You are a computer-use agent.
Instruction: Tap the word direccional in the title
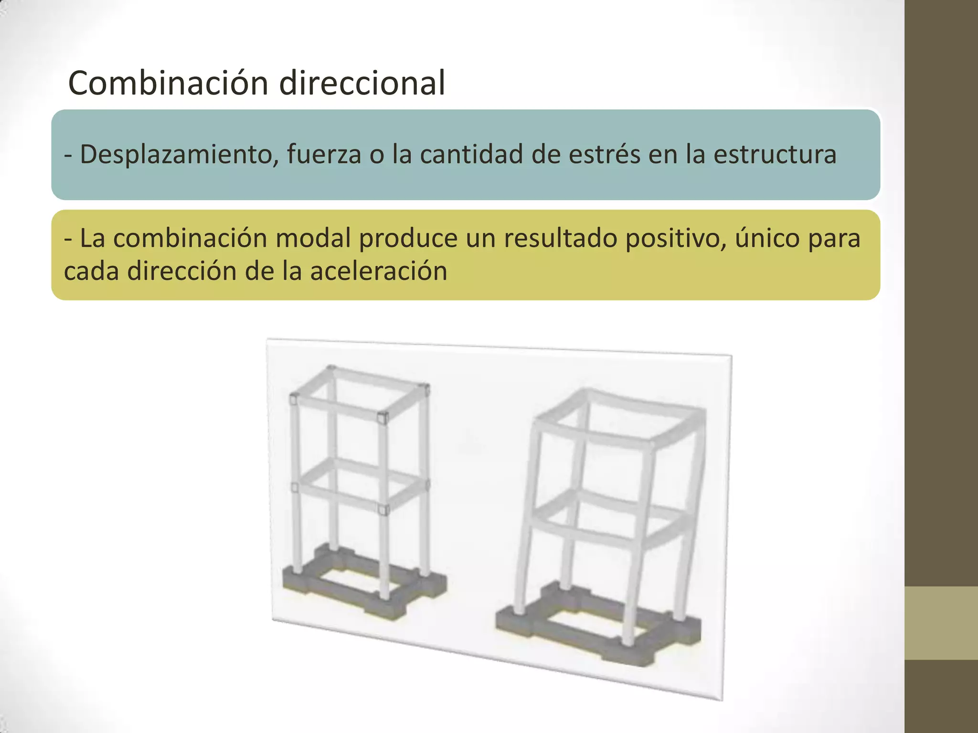pos(362,83)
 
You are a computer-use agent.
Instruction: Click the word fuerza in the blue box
pos(324,155)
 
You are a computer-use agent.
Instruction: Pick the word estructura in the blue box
pos(775,155)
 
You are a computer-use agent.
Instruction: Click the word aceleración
pos(378,271)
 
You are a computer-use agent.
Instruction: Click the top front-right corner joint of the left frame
pos(382,419)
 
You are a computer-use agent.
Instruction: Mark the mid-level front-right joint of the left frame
pos(383,510)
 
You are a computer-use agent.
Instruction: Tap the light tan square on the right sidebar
pos(941,623)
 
